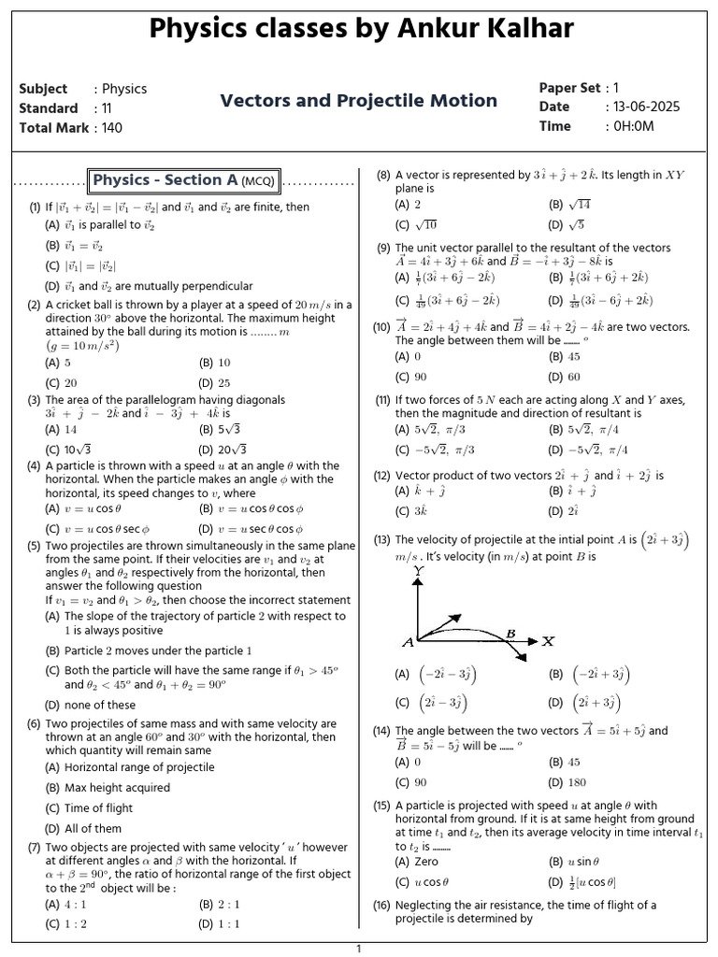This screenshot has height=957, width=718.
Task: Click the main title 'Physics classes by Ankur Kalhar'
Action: (358, 30)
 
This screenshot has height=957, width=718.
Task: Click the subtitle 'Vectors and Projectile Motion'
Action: (358, 101)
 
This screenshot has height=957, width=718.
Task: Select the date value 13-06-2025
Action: (646, 107)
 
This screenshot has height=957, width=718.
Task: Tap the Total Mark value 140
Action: (112, 128)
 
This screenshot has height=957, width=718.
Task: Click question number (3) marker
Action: (34, 400)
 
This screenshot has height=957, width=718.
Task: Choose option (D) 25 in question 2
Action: (214, 383)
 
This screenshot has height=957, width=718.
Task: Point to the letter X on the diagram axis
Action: (548, 641)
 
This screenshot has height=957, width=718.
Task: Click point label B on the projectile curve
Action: (510, 634)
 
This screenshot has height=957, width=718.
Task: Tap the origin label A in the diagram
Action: (408, 642)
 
